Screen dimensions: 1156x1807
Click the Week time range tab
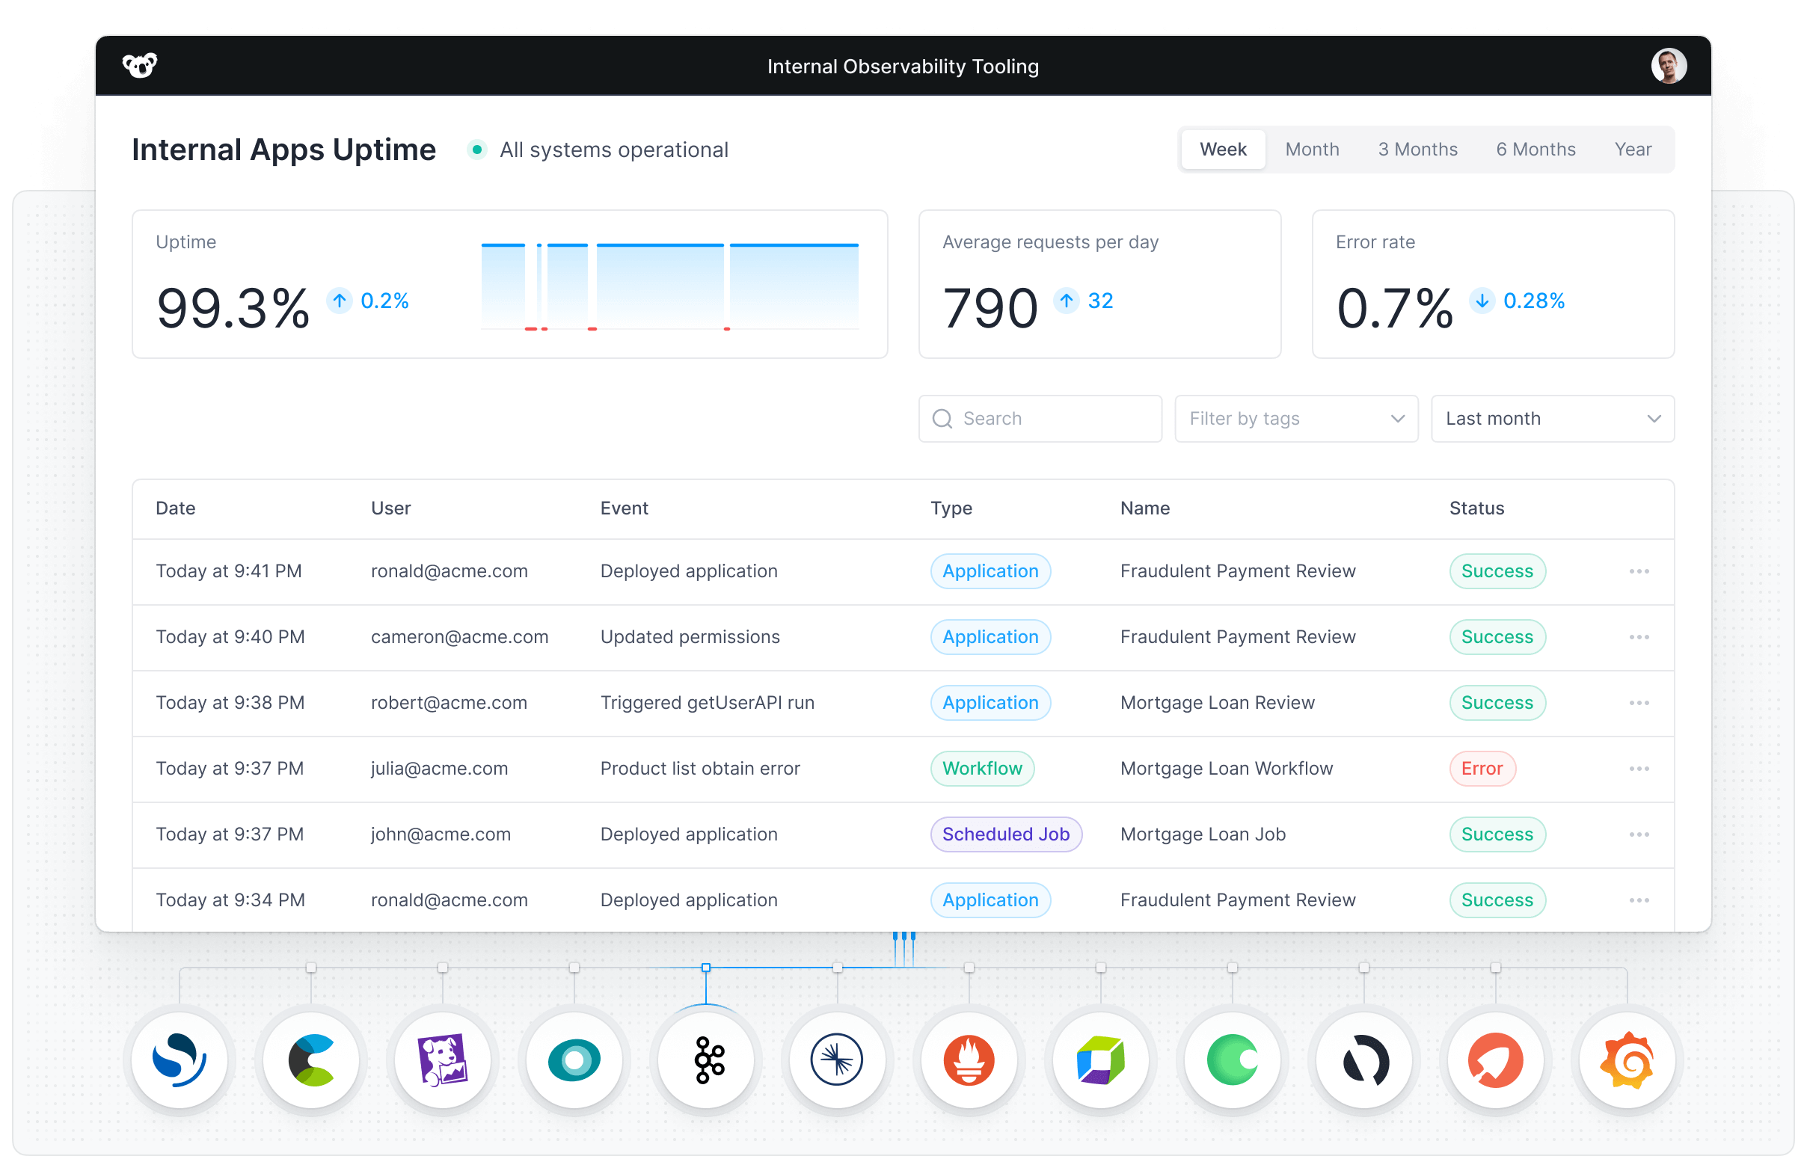coord(1222,150)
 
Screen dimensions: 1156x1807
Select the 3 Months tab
coord(1417,150)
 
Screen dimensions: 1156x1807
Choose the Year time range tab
coord(1632,150)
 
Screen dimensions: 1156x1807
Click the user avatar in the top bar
coord(1668,66)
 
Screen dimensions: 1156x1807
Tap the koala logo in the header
coord(140,66)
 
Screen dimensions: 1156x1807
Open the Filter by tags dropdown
coord(1295,419)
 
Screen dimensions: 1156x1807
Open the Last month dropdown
coord(1552,419)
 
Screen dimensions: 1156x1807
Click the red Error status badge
coord(1481,769)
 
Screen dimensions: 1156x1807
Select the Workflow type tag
coord(982,769)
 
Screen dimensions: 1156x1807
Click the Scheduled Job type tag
coord(1005,834)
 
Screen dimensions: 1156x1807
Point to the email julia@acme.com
coord(439,769)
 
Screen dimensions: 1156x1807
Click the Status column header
coord(1476,508)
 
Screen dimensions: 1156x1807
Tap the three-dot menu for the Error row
coord(1639,769)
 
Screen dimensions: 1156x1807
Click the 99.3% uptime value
coord(233,308)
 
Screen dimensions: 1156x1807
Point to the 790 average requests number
coord(990,308)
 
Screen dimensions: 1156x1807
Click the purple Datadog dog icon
coord(443,1060)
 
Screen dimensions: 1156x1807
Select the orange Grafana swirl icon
coord(1627,1060)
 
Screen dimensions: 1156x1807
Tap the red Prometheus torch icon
coord(969,1060)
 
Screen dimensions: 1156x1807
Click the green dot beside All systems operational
coord(476,150)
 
